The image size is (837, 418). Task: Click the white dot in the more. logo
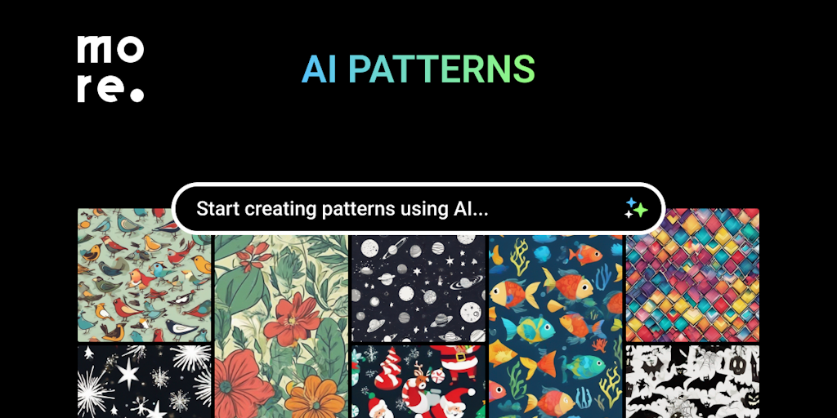(x=137, y=95)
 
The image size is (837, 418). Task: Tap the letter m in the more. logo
(x=96, y=49)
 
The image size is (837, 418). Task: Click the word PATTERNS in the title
(x=441, y=69)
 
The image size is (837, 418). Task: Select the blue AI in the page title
(x=319, y=69)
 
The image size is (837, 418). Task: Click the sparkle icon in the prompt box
(x=636, y=208)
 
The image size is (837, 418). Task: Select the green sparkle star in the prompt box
(x=640, y=211)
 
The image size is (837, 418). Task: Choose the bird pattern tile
(x=144, y=275)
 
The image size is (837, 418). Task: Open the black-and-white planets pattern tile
(x=418, y=288)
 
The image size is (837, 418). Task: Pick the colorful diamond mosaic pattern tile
(x=692, y=275)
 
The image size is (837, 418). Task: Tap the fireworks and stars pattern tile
(x=144, y=381)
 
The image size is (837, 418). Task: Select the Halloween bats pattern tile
(x=692, y=381)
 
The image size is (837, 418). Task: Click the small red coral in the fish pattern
(x=600, y=345)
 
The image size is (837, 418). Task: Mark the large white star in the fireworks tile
(x=128, y=374)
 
